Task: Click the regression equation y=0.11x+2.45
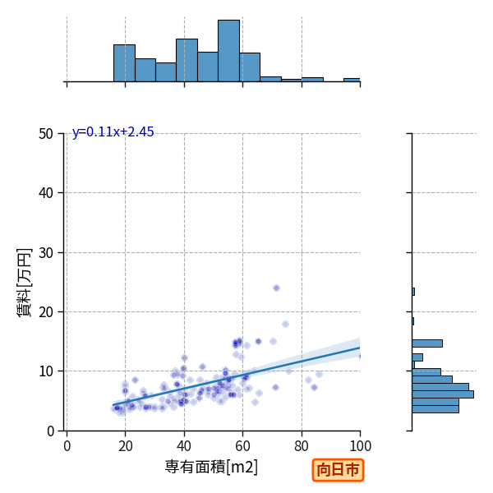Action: pos(113,132)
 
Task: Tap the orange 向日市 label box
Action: pos(338,470)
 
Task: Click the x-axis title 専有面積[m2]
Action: pos(211,467)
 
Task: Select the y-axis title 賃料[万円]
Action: pos(25,283)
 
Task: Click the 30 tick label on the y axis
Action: pos(46,253)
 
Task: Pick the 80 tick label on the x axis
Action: pos(302,446)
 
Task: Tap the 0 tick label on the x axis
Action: pos(67,446)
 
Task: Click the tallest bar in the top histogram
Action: pos(229,51)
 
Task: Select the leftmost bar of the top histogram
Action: pos(125,63)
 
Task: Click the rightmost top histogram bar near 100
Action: pos(352,80)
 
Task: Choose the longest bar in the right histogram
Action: pos(443,394)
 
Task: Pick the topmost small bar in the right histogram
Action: pos(413,292)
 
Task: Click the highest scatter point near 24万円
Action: pos(276,288)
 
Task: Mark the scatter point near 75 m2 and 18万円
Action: pos(285,325)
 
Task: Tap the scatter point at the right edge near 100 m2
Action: pos(359,357)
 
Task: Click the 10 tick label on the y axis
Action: pos(46,371)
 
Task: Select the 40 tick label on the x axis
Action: pos(184,446)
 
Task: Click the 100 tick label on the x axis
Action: pos(361,446)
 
